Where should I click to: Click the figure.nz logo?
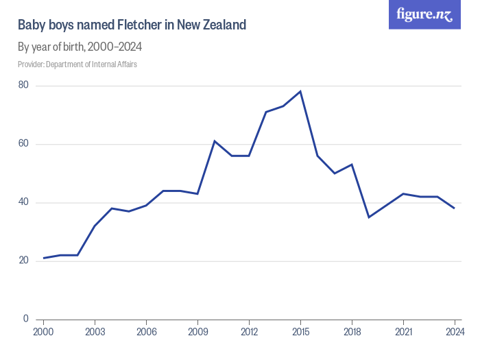tap(424, 14)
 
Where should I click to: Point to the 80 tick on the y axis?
tap(23, 85)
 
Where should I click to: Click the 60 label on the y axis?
tap(23, 144)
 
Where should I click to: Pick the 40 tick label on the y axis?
tap(23, 202)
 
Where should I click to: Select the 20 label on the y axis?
tap(23, 261)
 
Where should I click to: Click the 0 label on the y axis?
tap(25, 319)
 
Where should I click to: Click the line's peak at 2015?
tap(300, 91)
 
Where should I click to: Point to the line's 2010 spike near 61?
tap(215, 141)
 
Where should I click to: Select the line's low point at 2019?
tap(369, 217)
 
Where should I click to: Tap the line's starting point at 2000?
tap(43, 258)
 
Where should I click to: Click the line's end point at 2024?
tap(454, 208)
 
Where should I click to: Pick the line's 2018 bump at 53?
tap(352, 165)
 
